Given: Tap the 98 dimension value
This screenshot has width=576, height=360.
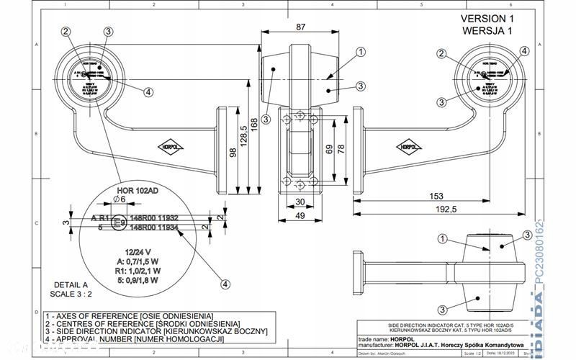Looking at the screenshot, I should (x=232, y=151).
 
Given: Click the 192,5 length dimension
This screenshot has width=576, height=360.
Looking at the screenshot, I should (x=446, y=209).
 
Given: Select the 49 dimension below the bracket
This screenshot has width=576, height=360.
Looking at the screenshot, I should (x=302, y=215).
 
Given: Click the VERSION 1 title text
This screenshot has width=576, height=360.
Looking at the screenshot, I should (x=487, y=18).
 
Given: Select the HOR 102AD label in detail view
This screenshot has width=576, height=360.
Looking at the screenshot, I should (x=136, y=190).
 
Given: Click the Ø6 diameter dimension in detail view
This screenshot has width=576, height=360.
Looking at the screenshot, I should (x=120, y=199).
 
